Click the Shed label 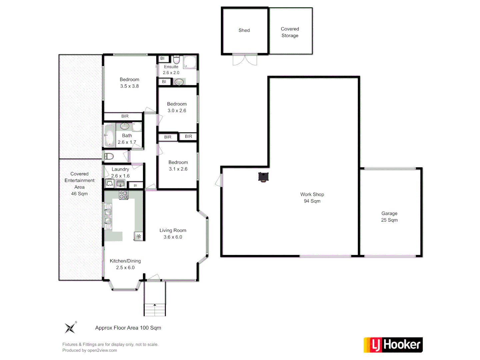click(244, 30)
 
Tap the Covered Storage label click(290, 32)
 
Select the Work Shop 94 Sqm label click(312, 198)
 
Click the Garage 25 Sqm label click(389, 217)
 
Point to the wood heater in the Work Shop click(263, 177)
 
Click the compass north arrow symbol click(70, 328)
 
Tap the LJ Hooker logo click(393, 345)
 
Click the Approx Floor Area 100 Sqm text click(128, 328)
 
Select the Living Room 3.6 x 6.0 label click(173, 234)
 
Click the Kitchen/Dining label click(125, 261)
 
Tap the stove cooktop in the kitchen click(123, 195)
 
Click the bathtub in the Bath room click(109, 135)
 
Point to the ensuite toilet click(176, 60)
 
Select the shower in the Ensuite click(190, 62)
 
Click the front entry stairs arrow click(155, 305)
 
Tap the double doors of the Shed click(245, 59)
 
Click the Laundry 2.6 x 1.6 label click(120, 173)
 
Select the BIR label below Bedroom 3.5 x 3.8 click(125, 116)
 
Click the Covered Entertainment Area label click(79, 184)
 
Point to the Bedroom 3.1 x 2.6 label click(178, 166)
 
